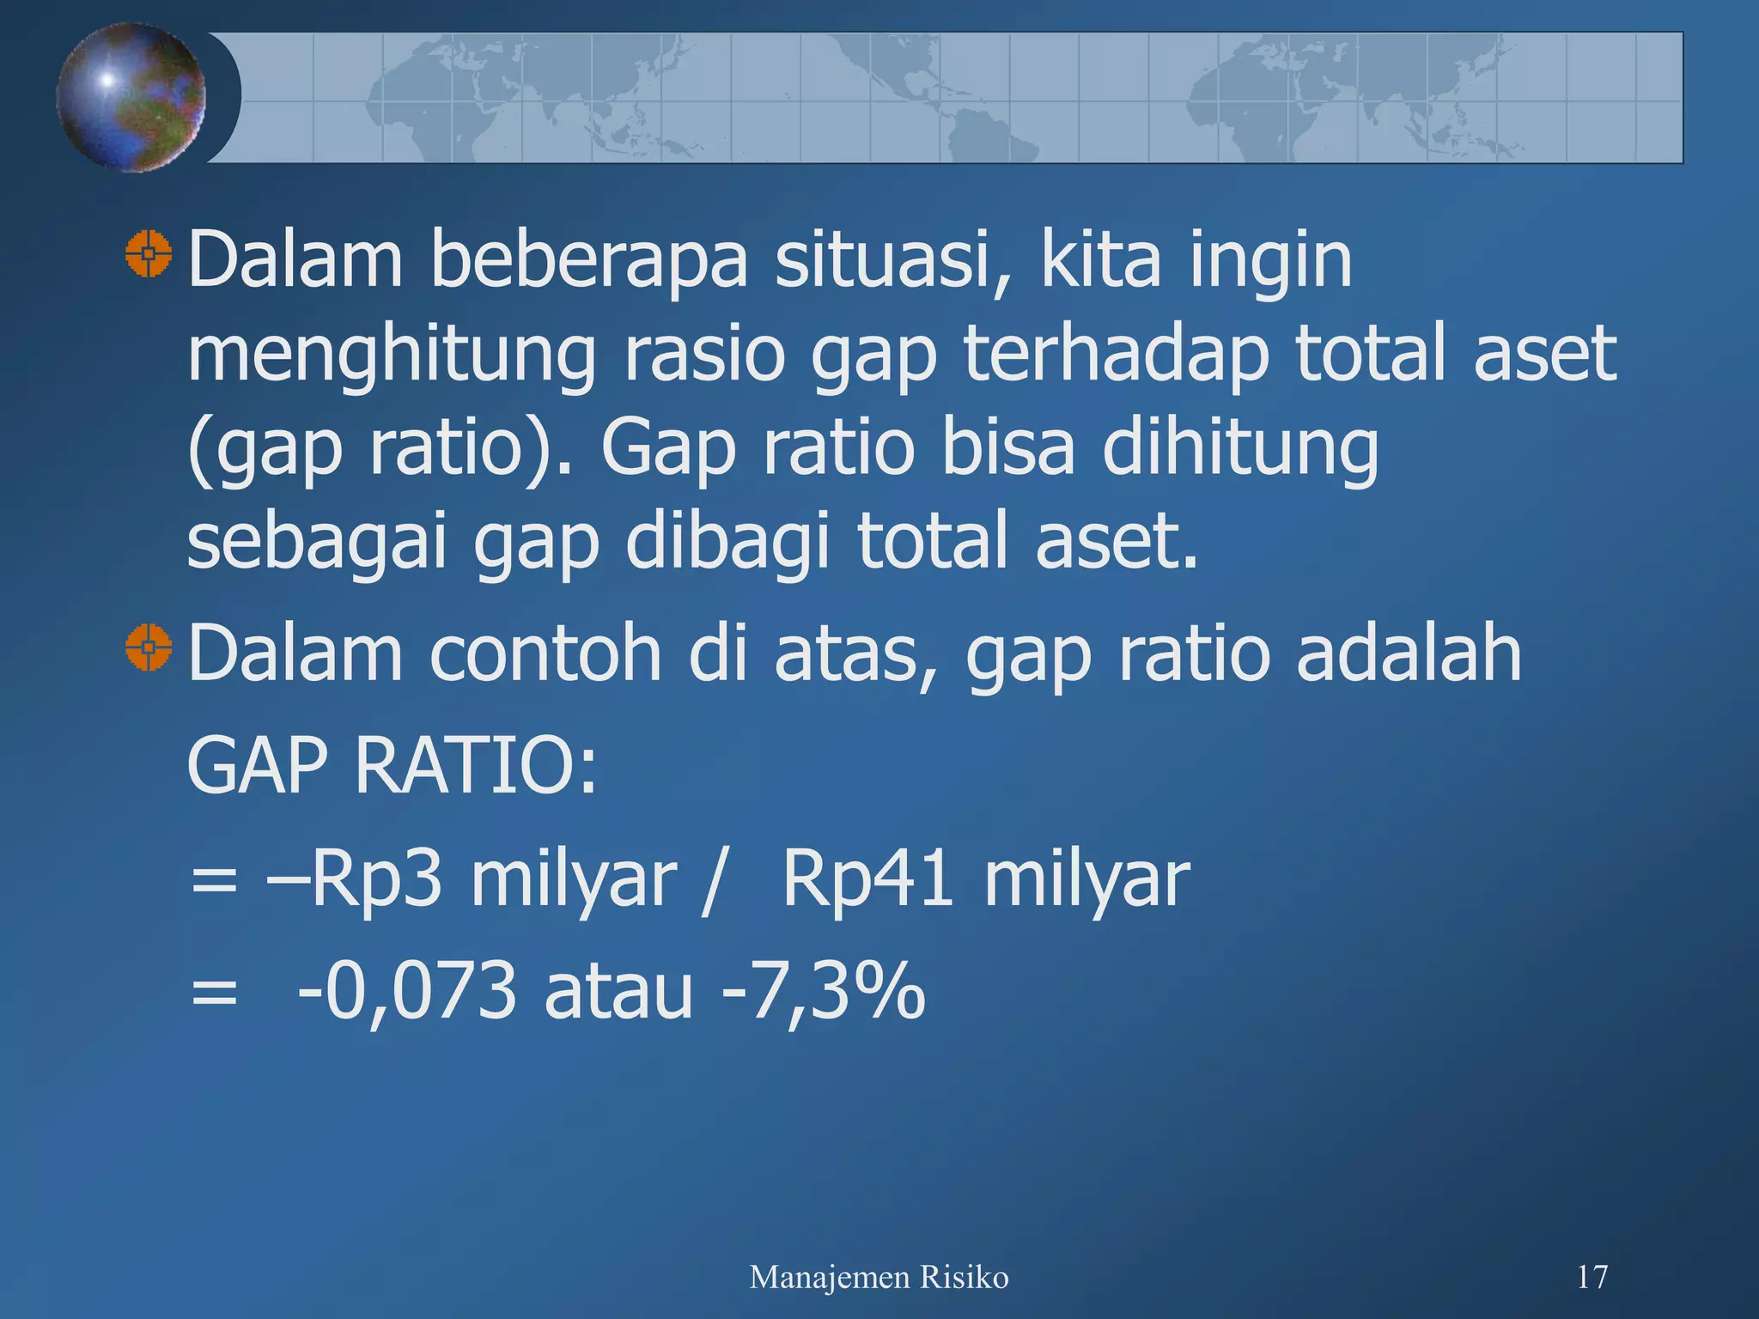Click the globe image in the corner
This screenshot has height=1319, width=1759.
(131, 97)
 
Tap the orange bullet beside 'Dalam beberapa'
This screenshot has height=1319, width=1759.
(149, 253)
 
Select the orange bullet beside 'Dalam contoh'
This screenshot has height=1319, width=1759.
(149, 647)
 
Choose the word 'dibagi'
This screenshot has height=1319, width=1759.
(727, 542)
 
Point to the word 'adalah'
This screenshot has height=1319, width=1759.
(1408, 653)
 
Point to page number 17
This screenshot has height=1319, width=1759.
(1592, 1277)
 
